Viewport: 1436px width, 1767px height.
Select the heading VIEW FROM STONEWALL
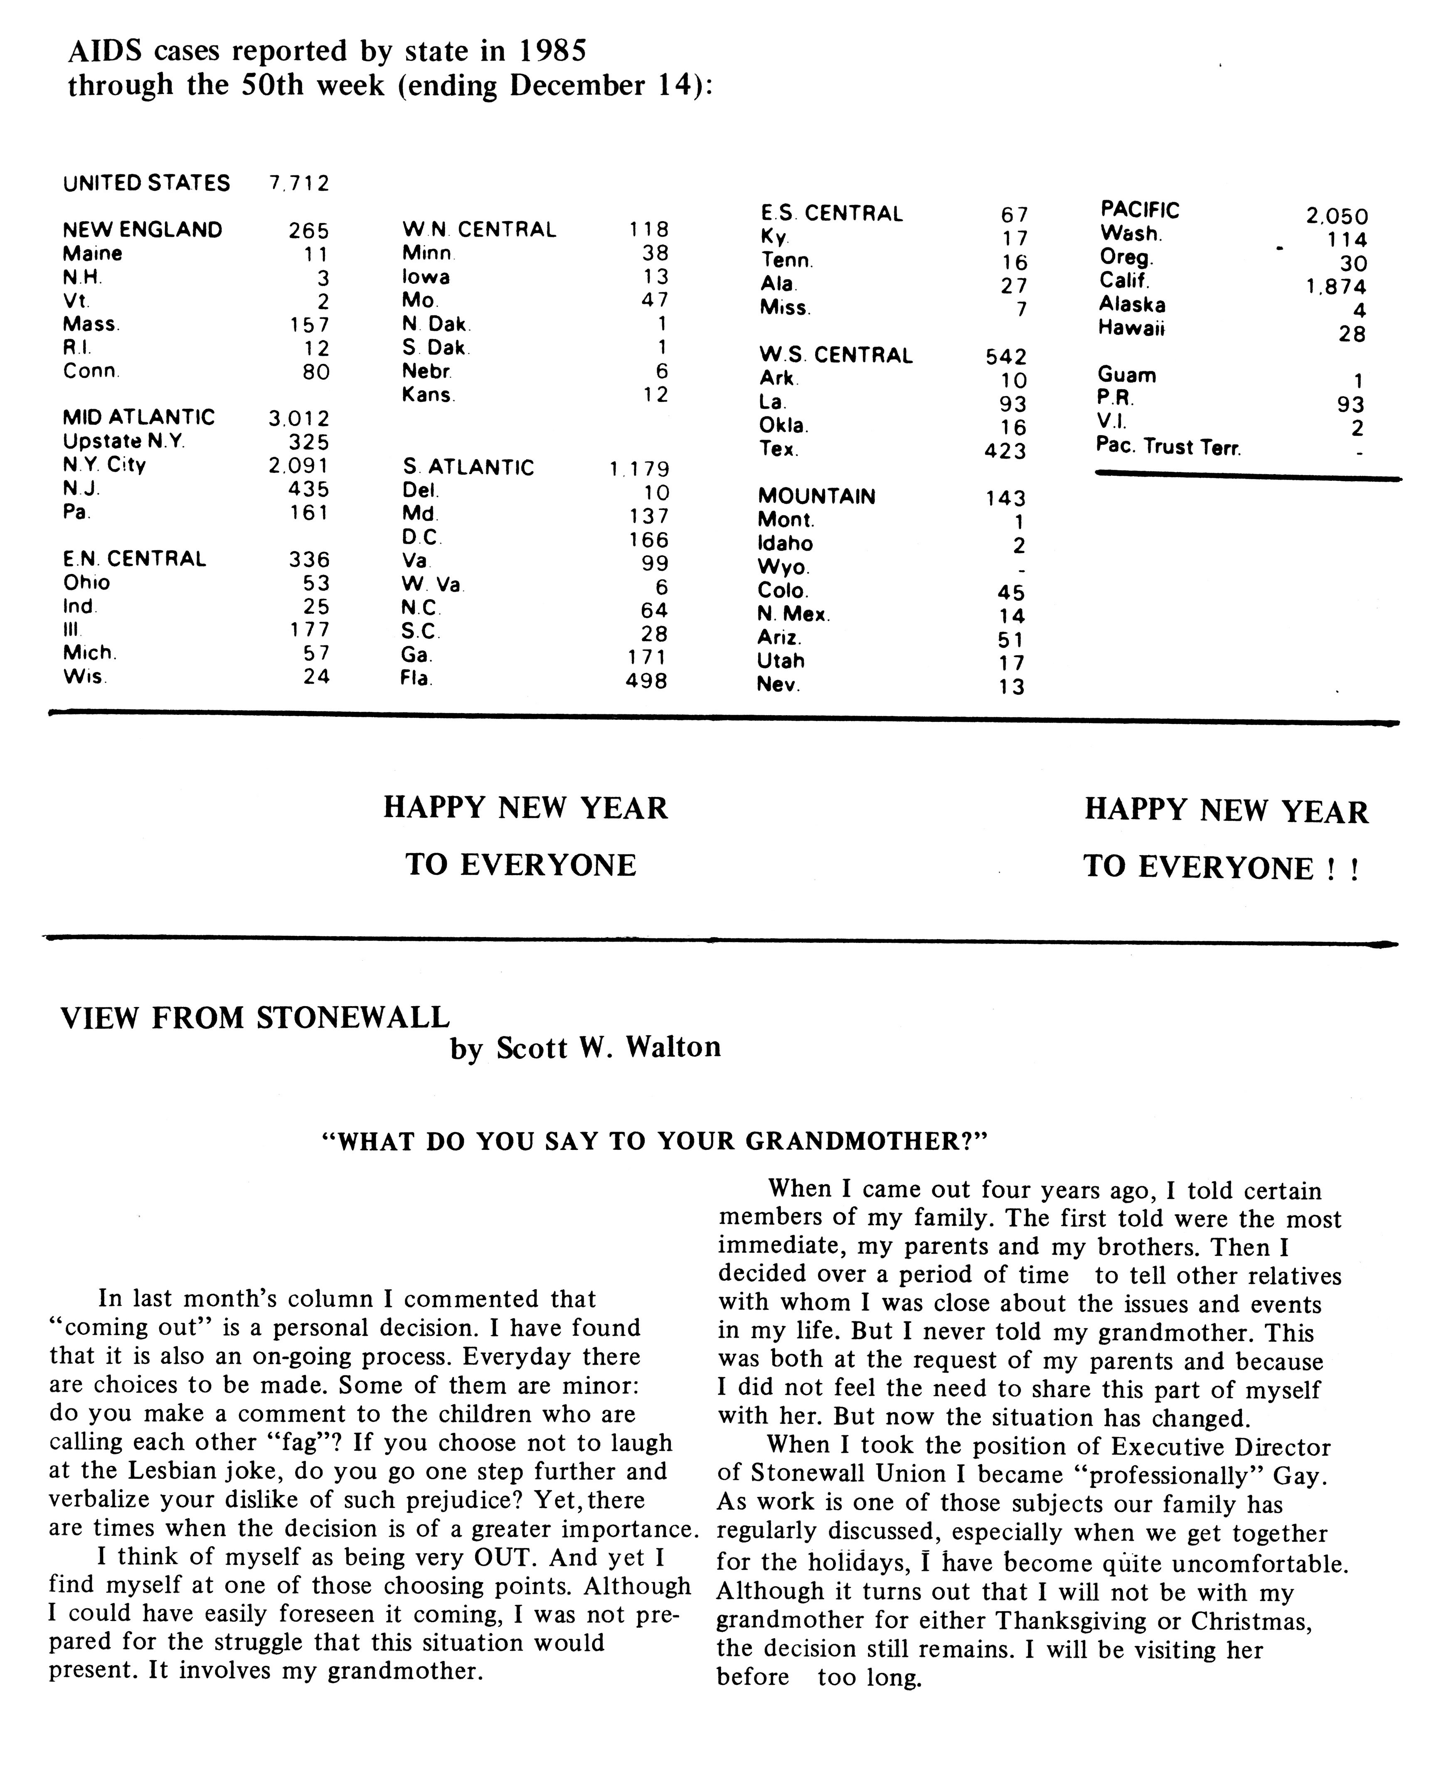point(255,1017)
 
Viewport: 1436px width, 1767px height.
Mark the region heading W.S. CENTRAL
point(835,356)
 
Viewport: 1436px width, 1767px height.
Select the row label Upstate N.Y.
point(124,442)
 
